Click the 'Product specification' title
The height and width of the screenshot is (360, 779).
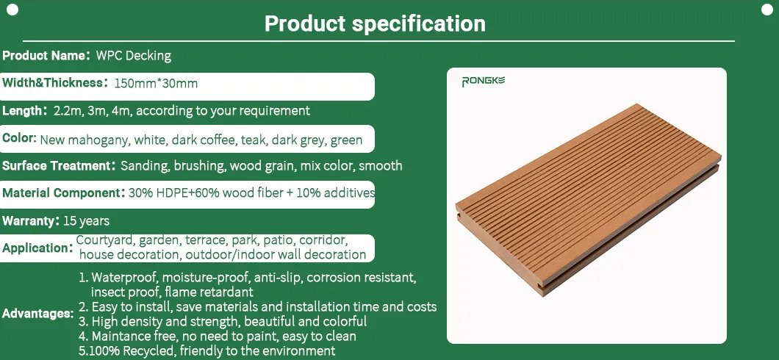[x=375, y=24]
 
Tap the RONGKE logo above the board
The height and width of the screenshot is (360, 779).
[x=483, y=81]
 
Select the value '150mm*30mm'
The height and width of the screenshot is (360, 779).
[x=155, y=83]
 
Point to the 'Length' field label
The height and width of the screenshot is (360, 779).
[x=24, y=111]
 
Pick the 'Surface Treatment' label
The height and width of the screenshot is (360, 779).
[x=56, y=166]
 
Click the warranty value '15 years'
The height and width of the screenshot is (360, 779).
[x=86, y=220]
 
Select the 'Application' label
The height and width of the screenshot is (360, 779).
[x=37, y=248]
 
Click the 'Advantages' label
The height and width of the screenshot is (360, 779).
[x=37, y=314]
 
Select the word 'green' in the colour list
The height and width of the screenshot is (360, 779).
[x=346, y=140]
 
